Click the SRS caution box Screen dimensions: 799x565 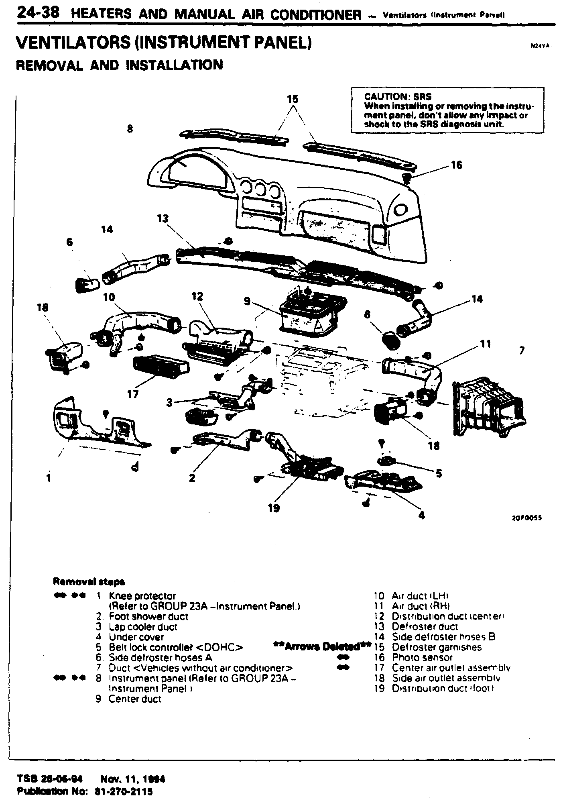click(x=447, y=110)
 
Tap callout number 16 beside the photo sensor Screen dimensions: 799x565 click(x=457, y=165)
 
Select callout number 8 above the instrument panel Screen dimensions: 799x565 click(x=130, y=129)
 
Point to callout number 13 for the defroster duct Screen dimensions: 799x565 click(x=163, y=219)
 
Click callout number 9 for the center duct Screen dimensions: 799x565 click(x=247, y=301)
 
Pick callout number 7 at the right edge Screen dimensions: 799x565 click(x=522, y=351)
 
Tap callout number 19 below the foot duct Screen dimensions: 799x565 click(x=273, y=508)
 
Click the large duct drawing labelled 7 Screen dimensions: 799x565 click(x=490, y=408)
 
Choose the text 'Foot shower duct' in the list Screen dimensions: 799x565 click(x=148, y=616)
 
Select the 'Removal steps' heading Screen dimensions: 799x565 click(x=89, y=581)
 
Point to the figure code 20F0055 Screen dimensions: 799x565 click(x=527, y=518)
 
